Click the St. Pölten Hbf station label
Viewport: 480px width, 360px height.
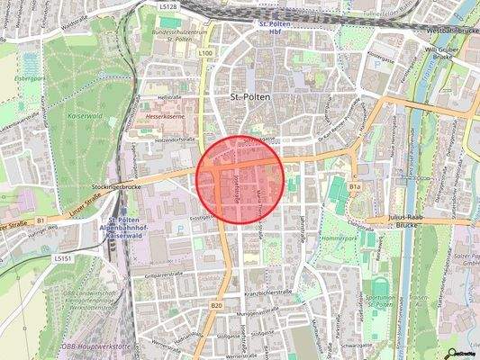278,27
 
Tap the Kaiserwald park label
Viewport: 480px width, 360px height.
87,117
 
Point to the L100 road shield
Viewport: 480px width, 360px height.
205,54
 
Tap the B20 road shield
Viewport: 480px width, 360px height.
216,306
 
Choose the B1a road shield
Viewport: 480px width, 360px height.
355,186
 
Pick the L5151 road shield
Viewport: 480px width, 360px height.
62,257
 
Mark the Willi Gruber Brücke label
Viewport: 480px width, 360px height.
444,54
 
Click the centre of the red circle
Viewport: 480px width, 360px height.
241,177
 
